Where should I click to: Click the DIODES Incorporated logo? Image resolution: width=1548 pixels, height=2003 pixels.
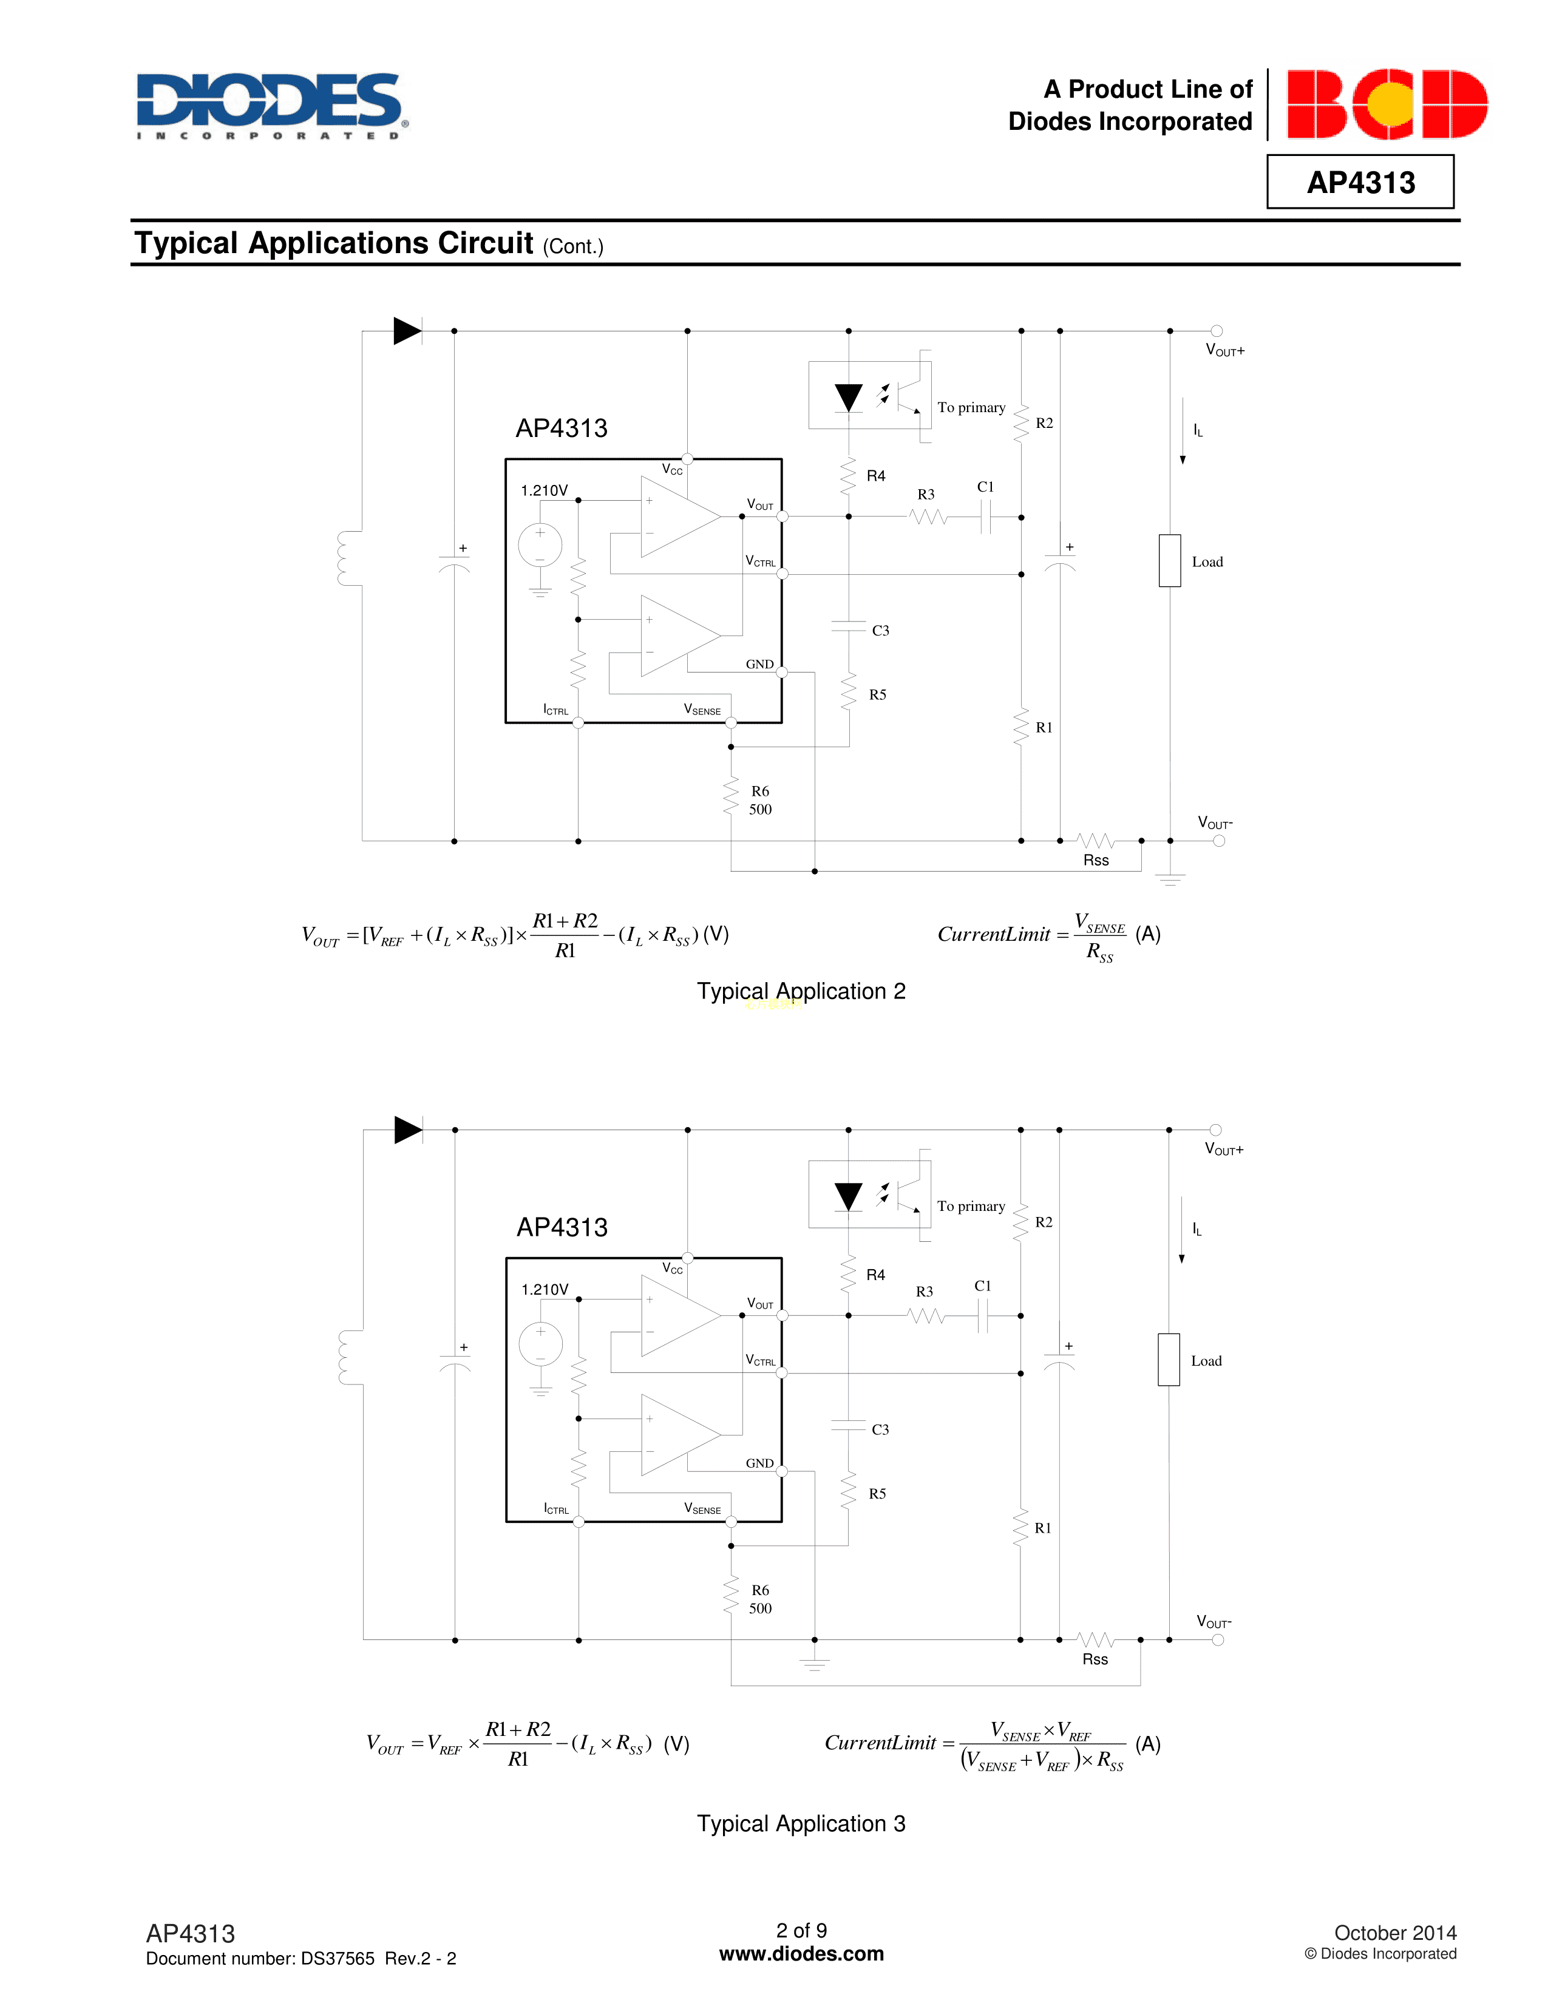click(273, 106)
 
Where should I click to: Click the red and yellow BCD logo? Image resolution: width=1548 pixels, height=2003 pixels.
click(1387, 104)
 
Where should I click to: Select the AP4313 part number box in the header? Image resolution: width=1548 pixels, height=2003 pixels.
click(1360, 181)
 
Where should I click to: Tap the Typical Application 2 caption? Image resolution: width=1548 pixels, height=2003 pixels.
click(801, 991)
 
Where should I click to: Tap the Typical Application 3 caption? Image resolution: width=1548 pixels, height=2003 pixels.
click(801, 1823)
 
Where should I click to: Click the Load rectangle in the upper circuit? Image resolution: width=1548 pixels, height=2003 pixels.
click(1169, 560)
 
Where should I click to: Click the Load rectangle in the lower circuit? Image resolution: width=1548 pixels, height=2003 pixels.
click(1169, 1359)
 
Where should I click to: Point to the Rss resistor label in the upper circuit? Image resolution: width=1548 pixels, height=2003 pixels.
click(1096, 860)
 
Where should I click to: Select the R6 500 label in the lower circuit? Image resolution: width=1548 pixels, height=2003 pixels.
click(760, 1599)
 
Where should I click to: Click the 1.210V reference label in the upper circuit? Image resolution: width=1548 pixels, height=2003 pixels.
click(544, 490)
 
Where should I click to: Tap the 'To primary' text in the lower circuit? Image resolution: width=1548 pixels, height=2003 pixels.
click(971, 1206)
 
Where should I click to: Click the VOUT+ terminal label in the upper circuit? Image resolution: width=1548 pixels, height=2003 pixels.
click(1225, 350)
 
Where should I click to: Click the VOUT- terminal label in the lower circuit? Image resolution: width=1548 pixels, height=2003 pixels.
click(1214, 1621)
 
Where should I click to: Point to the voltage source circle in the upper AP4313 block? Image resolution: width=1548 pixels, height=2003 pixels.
click(540, 545)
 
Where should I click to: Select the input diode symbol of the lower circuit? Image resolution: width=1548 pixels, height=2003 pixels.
click(408, 1130)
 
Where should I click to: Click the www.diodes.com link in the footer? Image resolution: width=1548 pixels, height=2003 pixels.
click(801, 1953)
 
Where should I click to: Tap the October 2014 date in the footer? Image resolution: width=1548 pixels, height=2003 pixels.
click(1395, 1933)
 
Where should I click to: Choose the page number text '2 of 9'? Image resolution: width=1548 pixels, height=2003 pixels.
click(801, 1931)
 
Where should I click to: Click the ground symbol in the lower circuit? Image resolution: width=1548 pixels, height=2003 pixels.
click(814, 1664)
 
